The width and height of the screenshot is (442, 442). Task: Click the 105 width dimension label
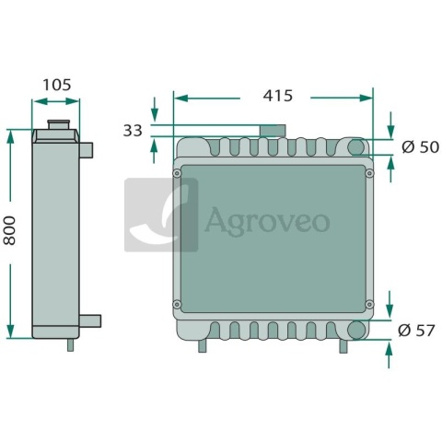click(57, 85)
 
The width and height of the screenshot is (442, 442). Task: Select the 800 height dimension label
click(9, 230)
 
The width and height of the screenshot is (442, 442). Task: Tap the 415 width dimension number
click(278, 96)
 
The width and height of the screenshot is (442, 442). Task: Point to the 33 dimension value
click(133, 131)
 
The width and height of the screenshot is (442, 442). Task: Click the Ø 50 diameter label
click(420, 147)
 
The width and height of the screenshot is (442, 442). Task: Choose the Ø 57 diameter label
click(416, 331)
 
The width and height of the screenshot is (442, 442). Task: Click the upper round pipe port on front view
click(356, 146)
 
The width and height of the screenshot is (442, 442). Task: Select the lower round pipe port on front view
click(356, 330)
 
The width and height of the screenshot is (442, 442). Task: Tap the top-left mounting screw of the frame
click(177, 173)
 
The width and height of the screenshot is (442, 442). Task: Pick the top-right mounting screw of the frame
click(369, 173)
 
